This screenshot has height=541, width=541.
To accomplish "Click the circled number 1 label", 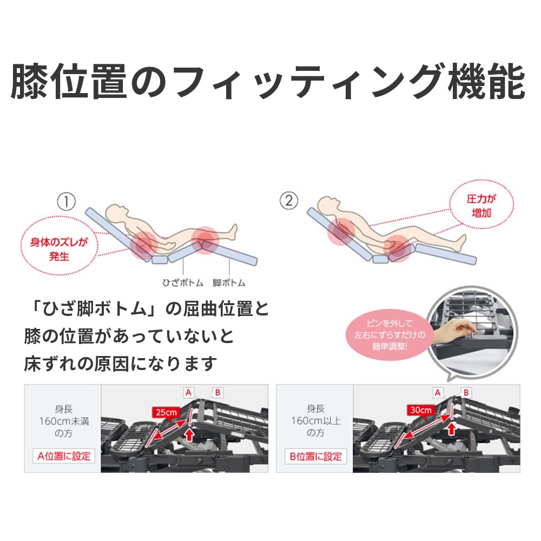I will tap(66, 202).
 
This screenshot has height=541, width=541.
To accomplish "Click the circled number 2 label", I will tap(288, 201).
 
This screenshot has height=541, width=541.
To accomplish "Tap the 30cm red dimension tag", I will tap(420, 410).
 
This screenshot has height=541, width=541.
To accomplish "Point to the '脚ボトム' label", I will tap(229, 282).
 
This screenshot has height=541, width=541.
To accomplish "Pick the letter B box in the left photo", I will tap(217, 392).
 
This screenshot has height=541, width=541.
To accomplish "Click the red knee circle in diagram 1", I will tap(204, 240).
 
